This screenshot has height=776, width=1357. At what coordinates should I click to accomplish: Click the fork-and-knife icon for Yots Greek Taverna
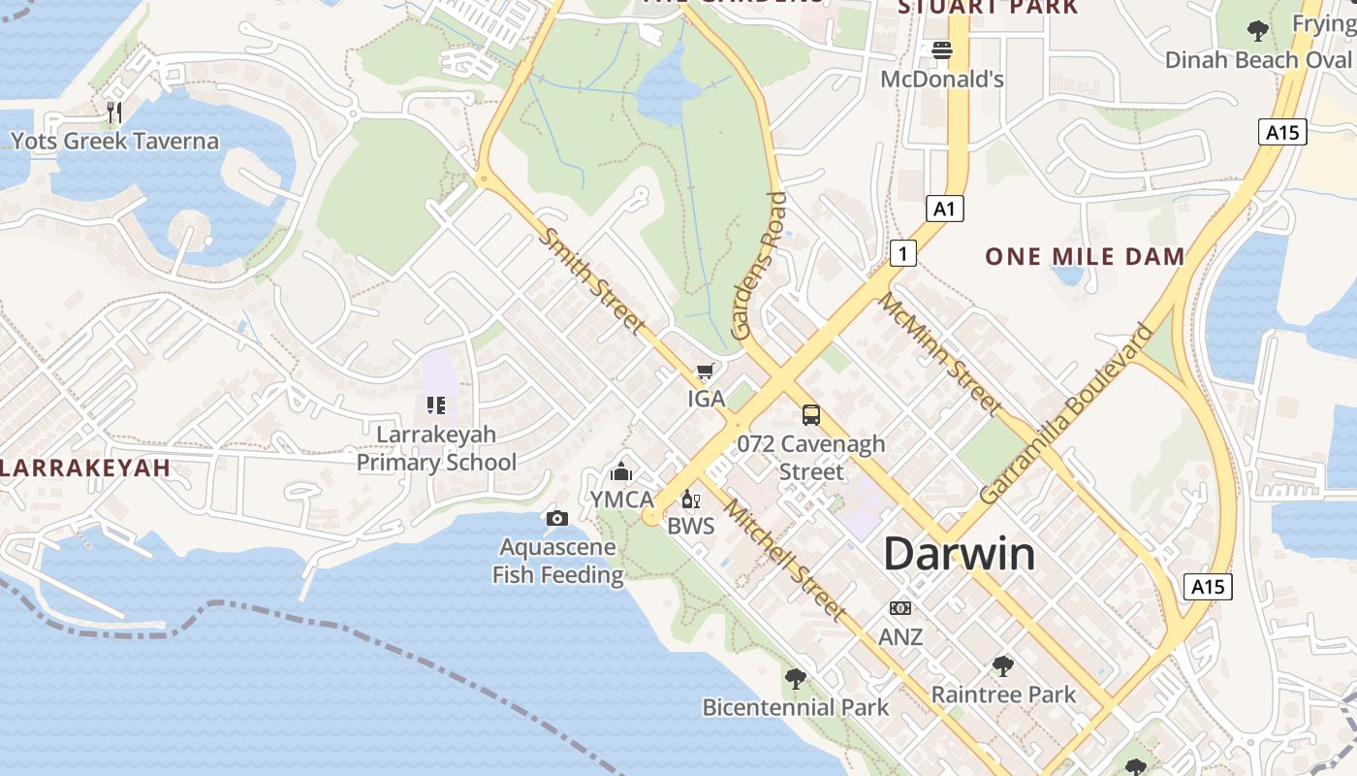pyautogui.click(x=114, y=112)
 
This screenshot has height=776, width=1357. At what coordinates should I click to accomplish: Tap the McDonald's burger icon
pyautogui.click(x=942, y=49)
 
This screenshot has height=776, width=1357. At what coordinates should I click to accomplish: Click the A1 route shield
pyautogui.click(x=945, y=208)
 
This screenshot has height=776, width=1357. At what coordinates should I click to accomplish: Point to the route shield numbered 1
pyautogui.click(x=903, y=254)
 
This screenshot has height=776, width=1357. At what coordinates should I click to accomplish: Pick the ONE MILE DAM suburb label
pyautogui.click(x=1085, y=257)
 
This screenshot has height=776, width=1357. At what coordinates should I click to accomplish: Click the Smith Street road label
pyautogui.click(x=592, y=281)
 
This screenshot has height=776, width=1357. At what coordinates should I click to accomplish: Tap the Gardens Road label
pyautogui.click(x=759, y=266)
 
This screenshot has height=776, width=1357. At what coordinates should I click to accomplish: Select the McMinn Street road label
pyautogui.click(x=939, y=353)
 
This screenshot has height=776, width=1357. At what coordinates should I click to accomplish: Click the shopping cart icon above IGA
pyautogui.click(x=706, y=372)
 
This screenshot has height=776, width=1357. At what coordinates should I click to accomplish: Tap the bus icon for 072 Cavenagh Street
pyautogui.click(x=811, y=415)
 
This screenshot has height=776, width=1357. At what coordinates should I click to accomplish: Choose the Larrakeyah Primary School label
pyautogui.click(x=436, y=448)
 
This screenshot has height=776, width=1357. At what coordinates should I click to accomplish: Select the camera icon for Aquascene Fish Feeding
pyautogui.click(x=556, y=519)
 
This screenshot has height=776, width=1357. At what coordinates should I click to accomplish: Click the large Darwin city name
pyautogui.click(x=959, y=554)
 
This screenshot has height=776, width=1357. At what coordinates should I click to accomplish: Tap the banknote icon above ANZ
pyautogui.click(x=900, y=608)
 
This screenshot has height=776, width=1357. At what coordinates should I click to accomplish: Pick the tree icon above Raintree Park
pyautogui.click(x=1003, y=666)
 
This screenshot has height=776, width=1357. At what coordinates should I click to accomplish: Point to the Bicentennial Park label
pyautogui.click(x=795, y=707)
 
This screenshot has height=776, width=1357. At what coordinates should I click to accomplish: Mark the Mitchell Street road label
pyautogui.click(x=784, y=560)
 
